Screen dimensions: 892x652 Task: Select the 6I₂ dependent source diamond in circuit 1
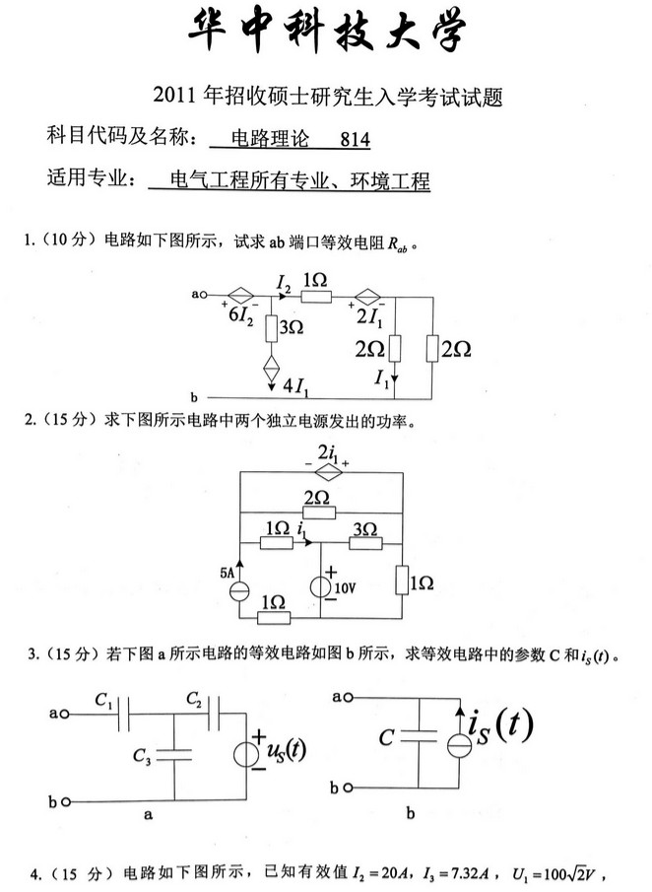241,294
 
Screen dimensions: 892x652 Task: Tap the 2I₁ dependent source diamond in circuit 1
368,294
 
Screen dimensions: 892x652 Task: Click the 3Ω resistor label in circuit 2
365,529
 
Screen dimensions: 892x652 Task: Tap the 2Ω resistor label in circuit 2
317,498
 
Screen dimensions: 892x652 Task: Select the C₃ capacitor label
143,756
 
